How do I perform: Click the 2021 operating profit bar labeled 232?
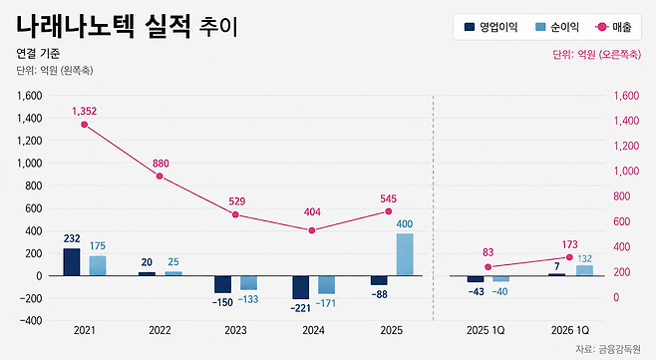tap(72, 262)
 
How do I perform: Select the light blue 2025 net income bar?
tap(405, 254)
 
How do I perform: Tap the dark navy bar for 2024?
tap(301, 287)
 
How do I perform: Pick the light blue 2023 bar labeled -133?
tap(248, 283)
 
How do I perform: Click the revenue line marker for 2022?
tap(160, 177)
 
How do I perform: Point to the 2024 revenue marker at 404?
tap(312, 230)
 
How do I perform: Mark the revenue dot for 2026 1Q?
tap(569, 257)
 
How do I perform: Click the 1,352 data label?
tap(84, 111)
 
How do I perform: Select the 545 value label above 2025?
tap(388, 198)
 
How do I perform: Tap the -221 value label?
tap(301, 308)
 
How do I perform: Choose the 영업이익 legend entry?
tap(491, 27)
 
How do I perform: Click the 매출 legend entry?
tap(613, 27)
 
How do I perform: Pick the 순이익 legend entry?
tap(557, 27)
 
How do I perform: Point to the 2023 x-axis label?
tap(235, 330)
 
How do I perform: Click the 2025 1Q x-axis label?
tap(486, 330)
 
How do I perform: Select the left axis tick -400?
tap(31, 321)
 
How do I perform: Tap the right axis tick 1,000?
tap(626, 171)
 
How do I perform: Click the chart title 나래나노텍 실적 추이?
tap(128, 26)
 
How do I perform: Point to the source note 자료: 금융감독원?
tap(607, 349)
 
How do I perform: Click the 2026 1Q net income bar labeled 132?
tap(584, 270)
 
